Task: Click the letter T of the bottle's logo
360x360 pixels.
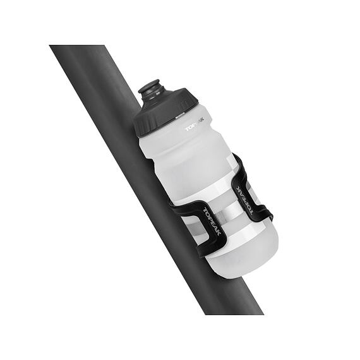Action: click(x=187, y=129)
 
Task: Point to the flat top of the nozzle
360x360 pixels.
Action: click(x=150, y=83)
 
